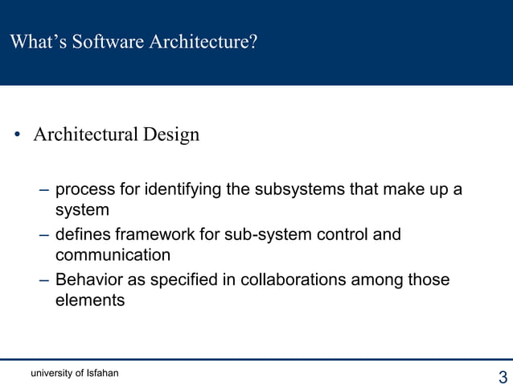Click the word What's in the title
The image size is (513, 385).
coord(38,42)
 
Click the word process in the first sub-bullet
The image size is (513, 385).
coord(84,190)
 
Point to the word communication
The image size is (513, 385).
coord(113,255)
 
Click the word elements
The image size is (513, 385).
coord(89,300)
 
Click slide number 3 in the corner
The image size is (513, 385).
coord(503,376)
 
